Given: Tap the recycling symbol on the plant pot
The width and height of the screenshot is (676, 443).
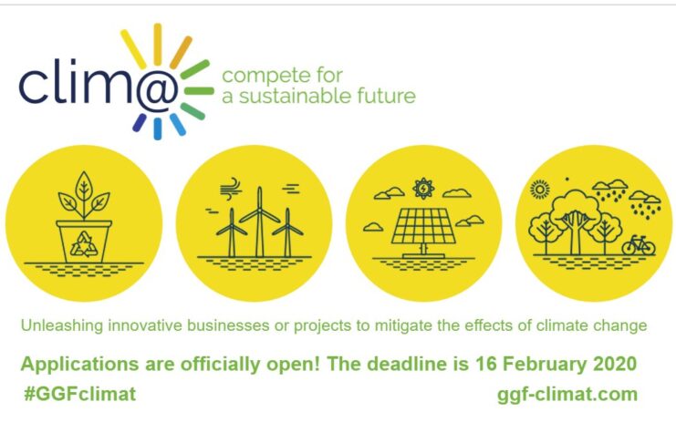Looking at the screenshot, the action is [84, 244].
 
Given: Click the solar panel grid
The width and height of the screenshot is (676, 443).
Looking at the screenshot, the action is [423, 226].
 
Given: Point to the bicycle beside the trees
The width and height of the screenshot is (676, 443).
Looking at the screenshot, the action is [639, 245].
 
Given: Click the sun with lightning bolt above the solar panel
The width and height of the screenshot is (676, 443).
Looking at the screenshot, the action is [423, 189].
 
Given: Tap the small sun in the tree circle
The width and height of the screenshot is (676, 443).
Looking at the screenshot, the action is [539, 189].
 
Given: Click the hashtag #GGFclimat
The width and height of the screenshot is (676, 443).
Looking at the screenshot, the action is [80, 394].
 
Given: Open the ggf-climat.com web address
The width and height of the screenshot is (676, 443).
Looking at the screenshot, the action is [567, 395].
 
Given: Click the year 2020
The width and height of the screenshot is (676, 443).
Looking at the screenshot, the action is [615, 364].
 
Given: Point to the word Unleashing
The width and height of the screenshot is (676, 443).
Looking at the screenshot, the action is [62, 325].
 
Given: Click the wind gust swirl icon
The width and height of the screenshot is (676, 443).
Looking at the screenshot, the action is [229, 189].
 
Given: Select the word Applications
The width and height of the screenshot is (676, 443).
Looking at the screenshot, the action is [79, 365].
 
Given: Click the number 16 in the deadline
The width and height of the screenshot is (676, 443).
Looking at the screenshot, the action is [485, 364].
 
